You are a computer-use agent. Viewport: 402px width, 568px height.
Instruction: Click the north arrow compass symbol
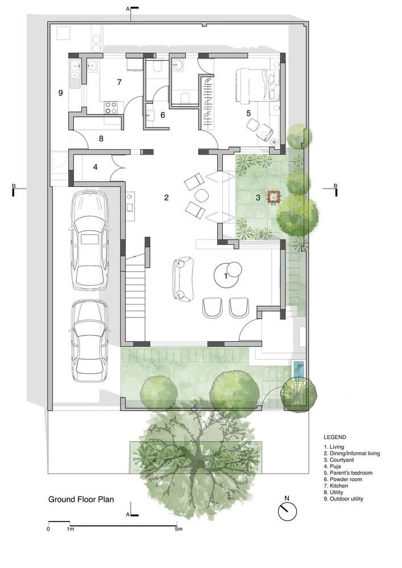(288, 510)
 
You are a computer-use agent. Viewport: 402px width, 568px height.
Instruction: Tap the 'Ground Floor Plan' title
(81, 500)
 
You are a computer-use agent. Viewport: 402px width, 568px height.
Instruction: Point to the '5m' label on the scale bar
(179, 529)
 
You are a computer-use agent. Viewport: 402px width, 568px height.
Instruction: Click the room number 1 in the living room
(226, 276)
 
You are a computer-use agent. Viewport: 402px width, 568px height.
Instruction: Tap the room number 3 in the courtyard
(258, 198)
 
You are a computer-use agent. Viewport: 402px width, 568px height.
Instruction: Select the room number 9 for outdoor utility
(60, 93)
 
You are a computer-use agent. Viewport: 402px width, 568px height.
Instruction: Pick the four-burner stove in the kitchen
(110, 106)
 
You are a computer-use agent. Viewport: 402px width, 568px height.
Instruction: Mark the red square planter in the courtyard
(273, 197)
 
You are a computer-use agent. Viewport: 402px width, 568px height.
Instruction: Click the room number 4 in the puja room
(96, 167)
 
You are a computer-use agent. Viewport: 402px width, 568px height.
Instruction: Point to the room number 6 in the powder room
(162, 115)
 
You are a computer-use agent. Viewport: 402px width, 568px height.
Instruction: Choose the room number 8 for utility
(101, 138)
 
